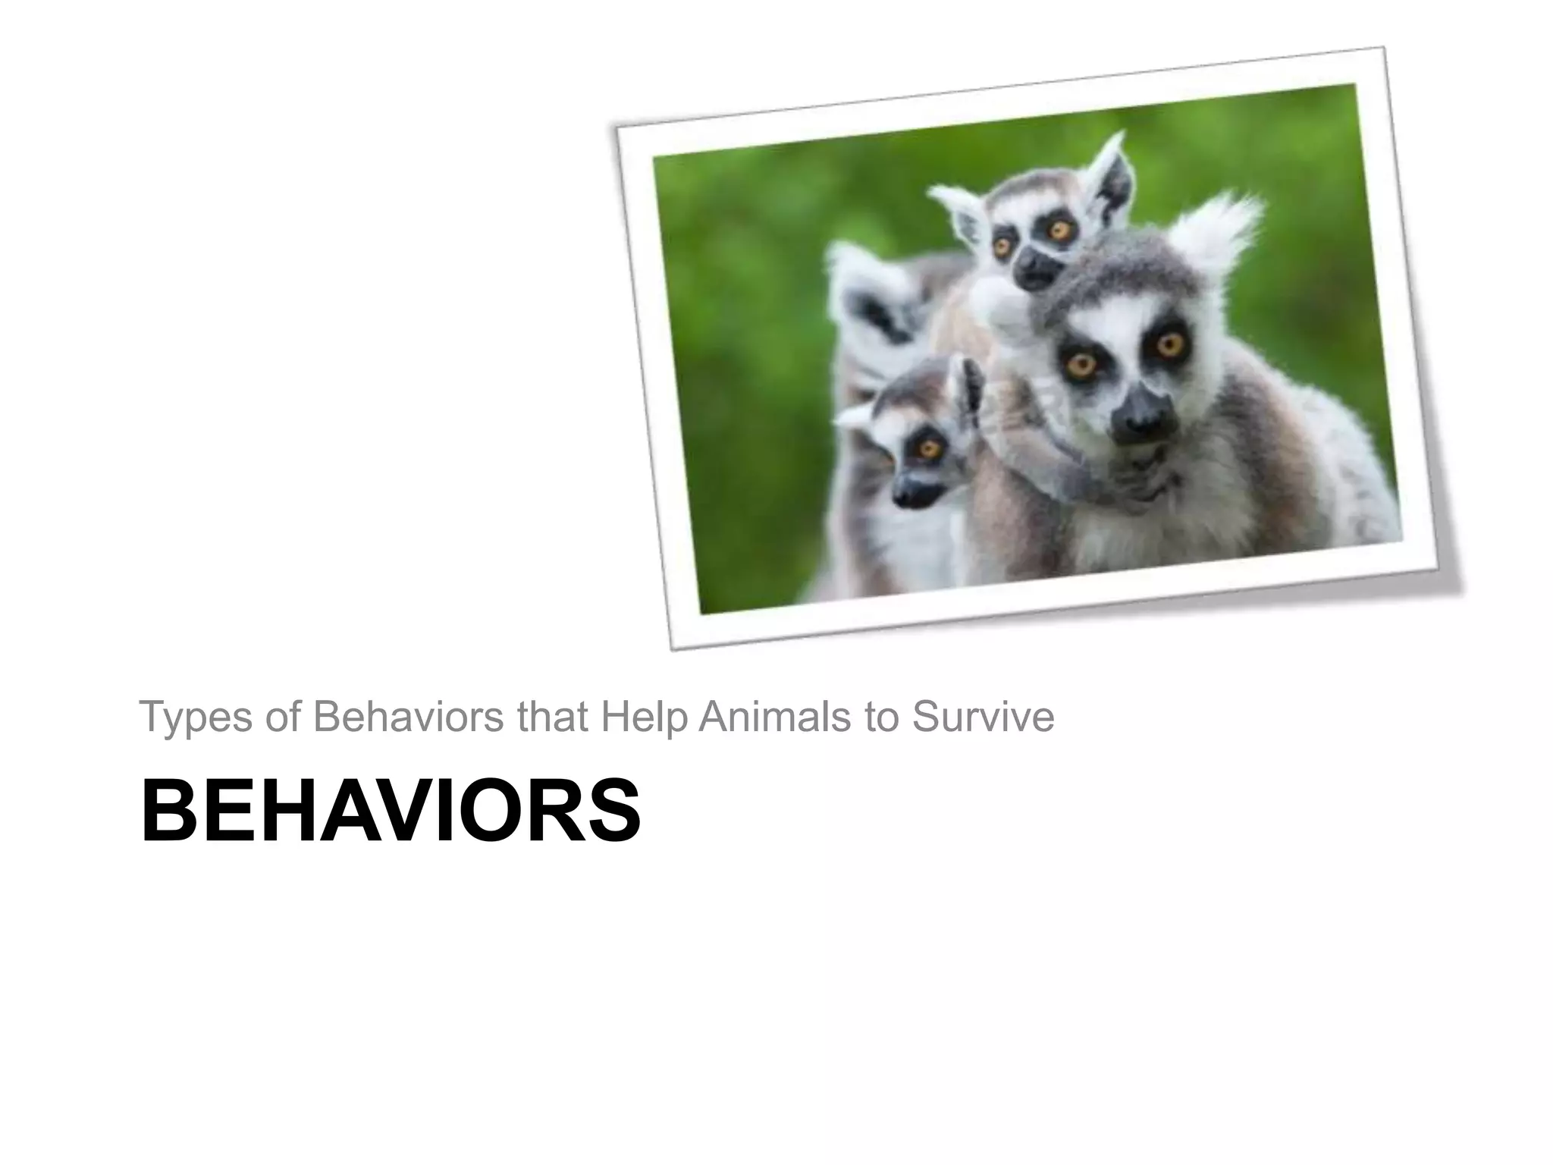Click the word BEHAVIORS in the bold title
pos(391,811)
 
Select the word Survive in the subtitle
pos(983,717)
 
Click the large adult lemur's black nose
pos(1144,416)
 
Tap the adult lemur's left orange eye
pos(1080,365)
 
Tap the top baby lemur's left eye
pos(1002,244)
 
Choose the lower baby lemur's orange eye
pos(927,447)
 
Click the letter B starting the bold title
pos(162,811)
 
